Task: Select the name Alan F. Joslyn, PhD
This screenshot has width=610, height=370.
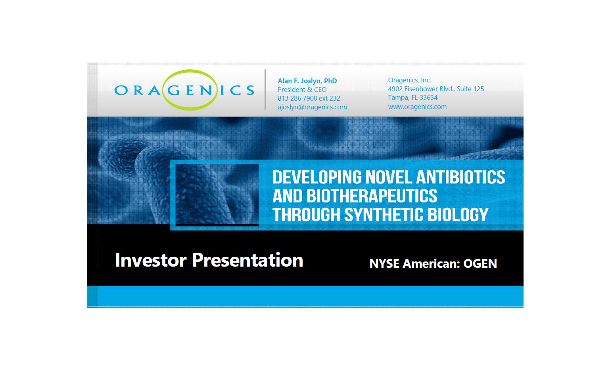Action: (x=307, y=81)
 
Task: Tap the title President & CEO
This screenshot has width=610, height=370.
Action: (x=302, y=90)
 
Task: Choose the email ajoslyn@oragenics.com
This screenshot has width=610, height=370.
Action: (x=313, y=107)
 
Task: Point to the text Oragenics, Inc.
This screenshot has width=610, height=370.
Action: (x=410, y=80)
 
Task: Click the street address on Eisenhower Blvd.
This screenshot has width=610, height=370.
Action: (x=436, y=89)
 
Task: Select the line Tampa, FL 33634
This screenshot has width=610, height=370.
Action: (x=413, y=98)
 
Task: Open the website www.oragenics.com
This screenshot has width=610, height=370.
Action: (x=418, y=107)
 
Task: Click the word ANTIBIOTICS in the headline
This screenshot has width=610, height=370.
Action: (x=460, y=177)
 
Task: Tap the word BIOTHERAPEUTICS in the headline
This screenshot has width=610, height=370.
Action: (x=372, y=196)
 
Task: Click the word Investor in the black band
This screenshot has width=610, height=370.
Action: (x=151, y=260)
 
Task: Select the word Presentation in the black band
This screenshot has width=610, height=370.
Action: (x=247, y=260)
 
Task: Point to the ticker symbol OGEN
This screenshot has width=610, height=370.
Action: (x=480, y=263)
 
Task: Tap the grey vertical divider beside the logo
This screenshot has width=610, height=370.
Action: (x=265, y=90)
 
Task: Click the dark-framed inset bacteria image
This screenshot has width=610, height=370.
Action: (x=217, y=195)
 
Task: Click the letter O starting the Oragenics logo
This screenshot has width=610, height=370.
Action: (x=121, y=90)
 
